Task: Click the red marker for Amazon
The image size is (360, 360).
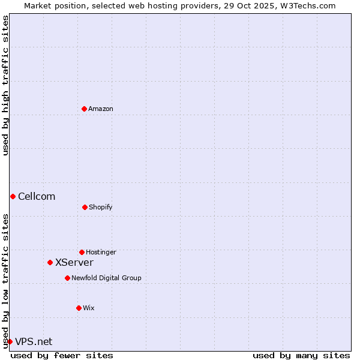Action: [84, 109]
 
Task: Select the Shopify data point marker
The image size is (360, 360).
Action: [85, 207]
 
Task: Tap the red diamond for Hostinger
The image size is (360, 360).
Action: [82, 252]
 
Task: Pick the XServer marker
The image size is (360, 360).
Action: [50, 262]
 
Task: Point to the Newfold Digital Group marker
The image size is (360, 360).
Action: [67, 278]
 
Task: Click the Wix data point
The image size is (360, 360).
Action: [79, 308]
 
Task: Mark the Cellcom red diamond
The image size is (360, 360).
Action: [13, 196]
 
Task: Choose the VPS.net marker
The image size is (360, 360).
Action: [10, 341]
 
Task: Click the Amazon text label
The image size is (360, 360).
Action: [101, 109]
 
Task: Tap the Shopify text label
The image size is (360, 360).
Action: [101, 207]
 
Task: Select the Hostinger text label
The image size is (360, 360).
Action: [101, 252]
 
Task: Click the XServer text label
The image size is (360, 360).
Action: [74, 262]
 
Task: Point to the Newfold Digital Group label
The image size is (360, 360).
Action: [106, 278]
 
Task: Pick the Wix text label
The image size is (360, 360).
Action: [89, 308]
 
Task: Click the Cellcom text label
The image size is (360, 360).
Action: [37, 196]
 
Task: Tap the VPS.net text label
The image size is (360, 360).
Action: [34, 341]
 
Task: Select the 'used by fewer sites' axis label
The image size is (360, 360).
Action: [62, 355]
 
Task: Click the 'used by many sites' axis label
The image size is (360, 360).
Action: [301, 355]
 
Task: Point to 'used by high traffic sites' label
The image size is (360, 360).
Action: [5, 85]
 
